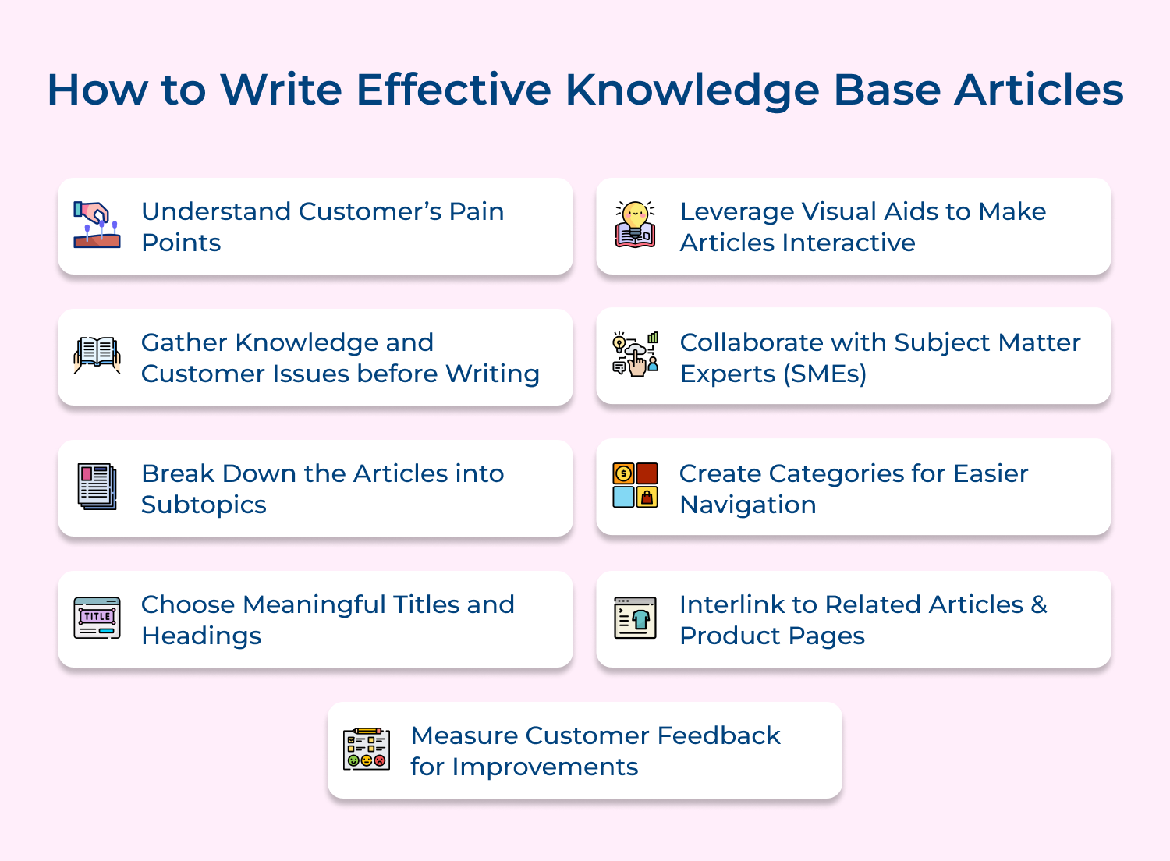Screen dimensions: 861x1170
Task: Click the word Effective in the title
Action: tap(454, 89)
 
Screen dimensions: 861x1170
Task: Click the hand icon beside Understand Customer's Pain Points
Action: tap(97, 225)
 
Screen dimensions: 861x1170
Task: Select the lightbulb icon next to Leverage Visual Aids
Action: tap(636, 225)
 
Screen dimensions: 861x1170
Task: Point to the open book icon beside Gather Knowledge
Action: tap(97, 356)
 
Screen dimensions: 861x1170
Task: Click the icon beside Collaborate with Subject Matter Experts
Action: tap(636, 355)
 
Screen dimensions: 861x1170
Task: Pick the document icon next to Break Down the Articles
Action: tap(97, 487)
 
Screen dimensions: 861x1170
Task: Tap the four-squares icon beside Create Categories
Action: tap(636, 485)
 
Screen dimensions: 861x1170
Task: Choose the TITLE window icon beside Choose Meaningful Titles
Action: tap(97, 618)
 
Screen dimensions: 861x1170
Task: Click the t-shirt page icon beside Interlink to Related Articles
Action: tap(636, 618)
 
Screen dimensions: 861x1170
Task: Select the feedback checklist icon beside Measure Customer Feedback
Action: tap(367, 749)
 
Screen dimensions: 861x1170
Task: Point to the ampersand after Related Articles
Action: tap(1039, 604)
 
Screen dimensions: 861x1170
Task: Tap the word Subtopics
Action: tap(204, 505)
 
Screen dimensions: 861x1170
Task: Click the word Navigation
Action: tap(748, 505)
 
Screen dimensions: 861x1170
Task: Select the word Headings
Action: tap(201, 636)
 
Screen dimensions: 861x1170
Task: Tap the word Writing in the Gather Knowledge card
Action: tap(492, 374)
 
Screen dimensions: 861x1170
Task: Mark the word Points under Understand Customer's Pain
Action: tap(181, 243)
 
